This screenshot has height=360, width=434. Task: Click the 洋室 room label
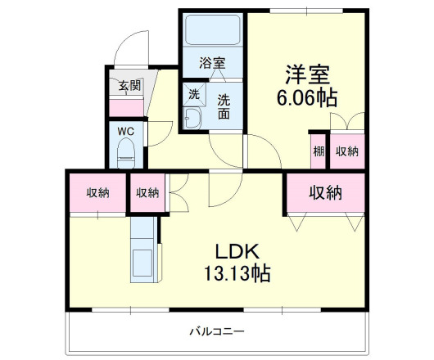(307, 74)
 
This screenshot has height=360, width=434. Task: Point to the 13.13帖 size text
(237, 272)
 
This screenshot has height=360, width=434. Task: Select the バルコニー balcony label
(217, 331)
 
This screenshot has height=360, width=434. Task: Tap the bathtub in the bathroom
(212, 31)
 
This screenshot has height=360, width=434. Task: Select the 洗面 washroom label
(224, 106)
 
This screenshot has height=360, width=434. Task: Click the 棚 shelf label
(318, 151)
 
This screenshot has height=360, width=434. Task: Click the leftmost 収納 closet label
(98, 193)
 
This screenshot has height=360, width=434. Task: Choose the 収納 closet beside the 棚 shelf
(346, 151)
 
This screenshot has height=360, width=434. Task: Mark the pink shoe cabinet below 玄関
(127, 106)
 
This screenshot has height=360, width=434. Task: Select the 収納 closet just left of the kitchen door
(147, 193)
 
